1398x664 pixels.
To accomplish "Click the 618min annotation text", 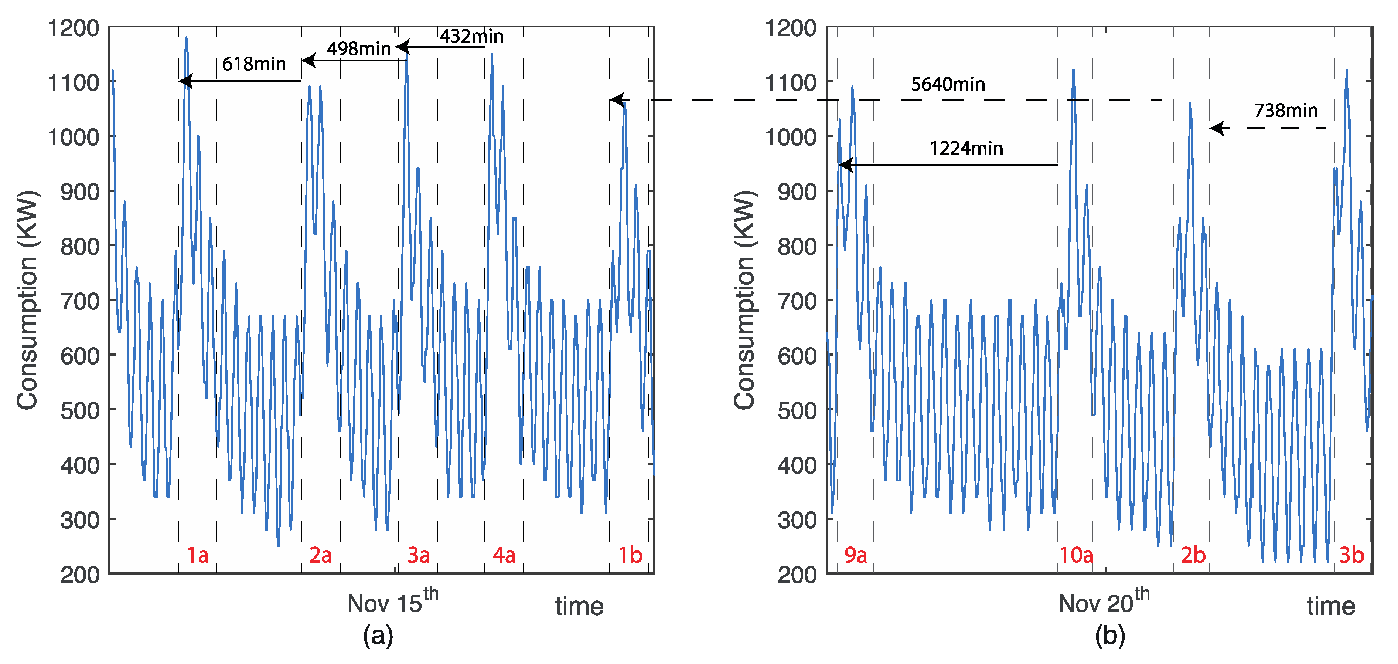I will tap(254, 64).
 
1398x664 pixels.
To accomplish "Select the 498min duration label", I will tap(358, 49).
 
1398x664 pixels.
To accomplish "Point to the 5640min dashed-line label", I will tap(948, 84).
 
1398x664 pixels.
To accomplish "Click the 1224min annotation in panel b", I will tap(966, 148).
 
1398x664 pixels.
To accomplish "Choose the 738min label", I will tap(1286, 111).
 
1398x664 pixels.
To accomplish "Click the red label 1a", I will tap(198, 555).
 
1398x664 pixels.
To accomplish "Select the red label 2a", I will tap(320, 555).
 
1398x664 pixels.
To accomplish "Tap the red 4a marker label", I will tap(504, 555).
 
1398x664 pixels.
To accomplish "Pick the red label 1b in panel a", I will tap(630, 555).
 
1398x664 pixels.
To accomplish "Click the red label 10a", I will tap(1076, 555).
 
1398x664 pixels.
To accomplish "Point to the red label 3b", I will tap(1351, 555).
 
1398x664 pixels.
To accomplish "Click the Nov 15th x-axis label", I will tap(392, 602).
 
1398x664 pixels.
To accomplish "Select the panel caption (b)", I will tap(1110, 635).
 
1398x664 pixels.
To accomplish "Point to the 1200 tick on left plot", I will tap(73, 28).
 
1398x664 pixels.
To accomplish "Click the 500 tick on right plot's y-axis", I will tap(797, 410).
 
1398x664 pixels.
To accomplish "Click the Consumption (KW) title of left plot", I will tap(27, 300).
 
